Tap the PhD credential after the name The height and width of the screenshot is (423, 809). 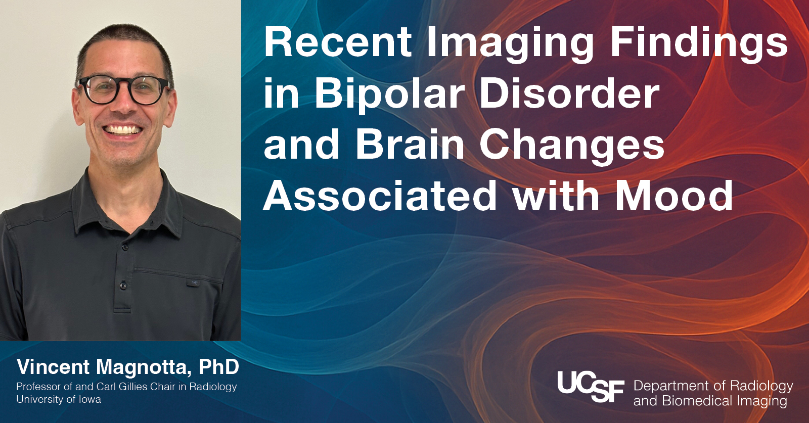click(x=219, y=367)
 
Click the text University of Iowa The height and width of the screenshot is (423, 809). click(x=59, y=400)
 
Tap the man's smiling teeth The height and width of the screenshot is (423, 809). click(x=122, y=129)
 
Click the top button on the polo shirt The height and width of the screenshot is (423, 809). click(x=125, y=247)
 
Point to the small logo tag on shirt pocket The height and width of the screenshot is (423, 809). click(x=193, y=283)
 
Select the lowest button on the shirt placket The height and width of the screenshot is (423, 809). click(x=123, y=286)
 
